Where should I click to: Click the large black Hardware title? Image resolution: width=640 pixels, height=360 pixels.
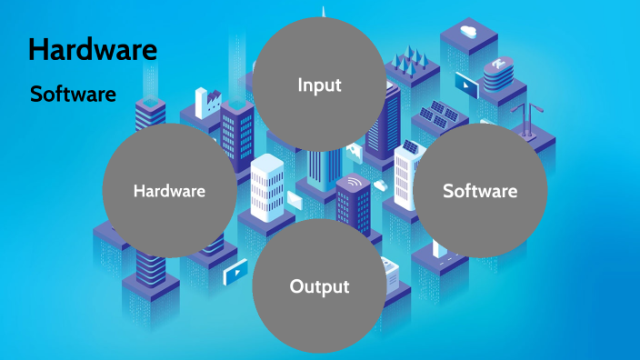point(93,49)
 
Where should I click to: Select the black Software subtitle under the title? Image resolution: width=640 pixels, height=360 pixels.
point(73,94)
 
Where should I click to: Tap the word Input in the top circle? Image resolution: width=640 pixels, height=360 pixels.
point(319,85)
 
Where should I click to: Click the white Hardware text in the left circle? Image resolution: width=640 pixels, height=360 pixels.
point(169,191)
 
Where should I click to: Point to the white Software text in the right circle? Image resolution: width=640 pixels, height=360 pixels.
point(480,191)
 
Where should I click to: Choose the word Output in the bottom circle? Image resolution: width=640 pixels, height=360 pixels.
point(319,286)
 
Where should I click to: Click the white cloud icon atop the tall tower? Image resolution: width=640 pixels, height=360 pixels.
point(469,32)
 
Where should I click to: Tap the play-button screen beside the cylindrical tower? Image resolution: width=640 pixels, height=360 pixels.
point(466,85)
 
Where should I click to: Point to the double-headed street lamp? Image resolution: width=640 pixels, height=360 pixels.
point(525,114)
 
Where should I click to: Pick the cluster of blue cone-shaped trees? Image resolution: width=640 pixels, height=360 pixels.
point(407,58)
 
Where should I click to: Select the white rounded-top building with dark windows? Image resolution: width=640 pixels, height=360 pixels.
point(268,186)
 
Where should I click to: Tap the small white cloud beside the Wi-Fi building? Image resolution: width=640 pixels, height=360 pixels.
point(380,185)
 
